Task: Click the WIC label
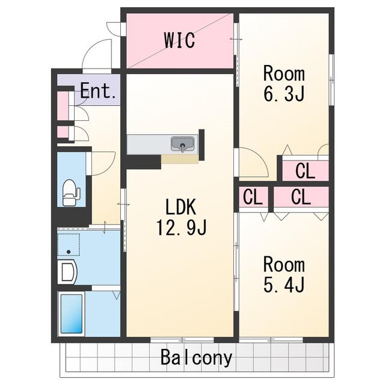click(180, 40)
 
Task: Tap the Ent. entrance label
click(97, 91)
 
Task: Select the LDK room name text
click(180, 207)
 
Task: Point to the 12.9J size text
click(181, 227)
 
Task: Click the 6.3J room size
click(284, 94)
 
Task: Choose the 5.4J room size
click(284, 285)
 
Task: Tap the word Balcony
click(197, 357)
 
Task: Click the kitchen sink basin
click(182, 144)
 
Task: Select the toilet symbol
click(71, 192)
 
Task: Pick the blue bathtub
click(72, 314)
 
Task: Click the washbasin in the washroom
click(67, 272)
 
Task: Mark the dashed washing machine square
click(69, 245)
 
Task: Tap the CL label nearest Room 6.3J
click(305, 171)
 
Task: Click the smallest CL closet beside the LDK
click(253, 197)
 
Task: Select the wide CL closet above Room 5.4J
click(301, 197)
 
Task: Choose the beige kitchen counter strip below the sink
click(180, 159)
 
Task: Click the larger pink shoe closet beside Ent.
click(63, 106)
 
